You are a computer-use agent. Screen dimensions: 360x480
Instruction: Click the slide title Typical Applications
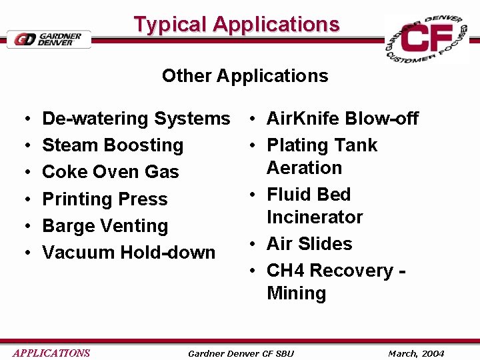237,25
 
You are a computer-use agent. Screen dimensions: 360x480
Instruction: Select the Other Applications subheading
245,75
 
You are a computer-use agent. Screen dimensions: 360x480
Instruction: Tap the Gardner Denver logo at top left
49,39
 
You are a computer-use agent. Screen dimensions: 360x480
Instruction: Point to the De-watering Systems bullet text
135,119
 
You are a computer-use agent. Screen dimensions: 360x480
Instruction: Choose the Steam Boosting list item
112,145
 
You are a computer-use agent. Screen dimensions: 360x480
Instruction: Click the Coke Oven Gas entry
110,172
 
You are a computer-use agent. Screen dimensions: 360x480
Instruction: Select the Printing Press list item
105,199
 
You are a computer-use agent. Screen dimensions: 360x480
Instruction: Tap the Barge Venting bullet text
105,226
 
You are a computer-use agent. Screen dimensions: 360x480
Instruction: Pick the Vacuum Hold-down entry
129,253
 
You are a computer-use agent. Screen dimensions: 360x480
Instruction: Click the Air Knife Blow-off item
342,119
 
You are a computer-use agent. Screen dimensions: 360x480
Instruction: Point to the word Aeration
304,168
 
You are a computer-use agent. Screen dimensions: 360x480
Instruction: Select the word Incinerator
315,217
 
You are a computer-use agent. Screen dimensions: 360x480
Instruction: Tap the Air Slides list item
309,244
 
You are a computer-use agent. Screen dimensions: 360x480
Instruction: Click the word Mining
296,293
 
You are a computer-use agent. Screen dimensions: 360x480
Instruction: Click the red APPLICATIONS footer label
51,353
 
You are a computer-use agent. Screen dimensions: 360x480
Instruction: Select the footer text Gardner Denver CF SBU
241,353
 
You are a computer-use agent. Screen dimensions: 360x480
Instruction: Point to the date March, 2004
416,353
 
